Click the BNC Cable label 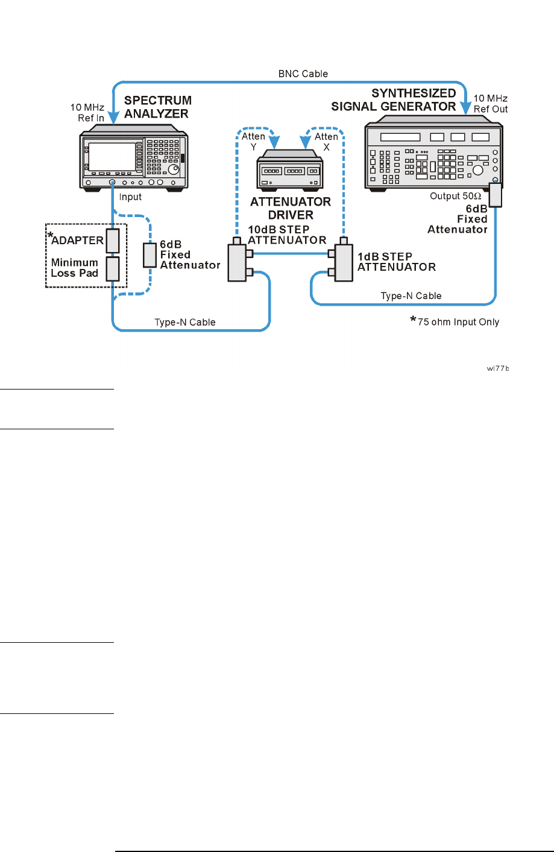pyautogui.click(x=303, y=74)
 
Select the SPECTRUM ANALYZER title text pyautogui.click(x=157, y=107)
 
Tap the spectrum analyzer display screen pyautogui.click(x=112, y=156)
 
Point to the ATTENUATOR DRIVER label pyautogui.click(x=291, y=208)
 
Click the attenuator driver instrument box pyautogui.click(x=290, y=171)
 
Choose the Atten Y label pyautogui.click(x=254, y=141)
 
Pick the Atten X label pyautogui.click(x=326, y=141)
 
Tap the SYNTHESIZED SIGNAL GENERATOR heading pyautogui.click(x=394, y=100)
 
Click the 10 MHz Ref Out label pyautogui.click(x=491, y=104)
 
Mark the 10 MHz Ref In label pyautogui.click(x=87, y=113)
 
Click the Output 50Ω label pyautogui.click(x=455, y=196)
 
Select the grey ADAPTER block pyautogui.click(x=113, y=241)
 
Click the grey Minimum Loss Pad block pyautogui.click(x=113, y=268)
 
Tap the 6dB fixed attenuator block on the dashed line pyautogui.click(x=150, y=255)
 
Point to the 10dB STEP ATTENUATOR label pyautogui.click(x=287, y=235)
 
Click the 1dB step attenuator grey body pyautogui.click(x=344, y=262)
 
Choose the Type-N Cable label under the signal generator pyautogui.click(x=411, y=295)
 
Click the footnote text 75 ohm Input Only pyautogui.click(x=458, y=321)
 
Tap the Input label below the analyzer pyautogui.click(x=130, y=197)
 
